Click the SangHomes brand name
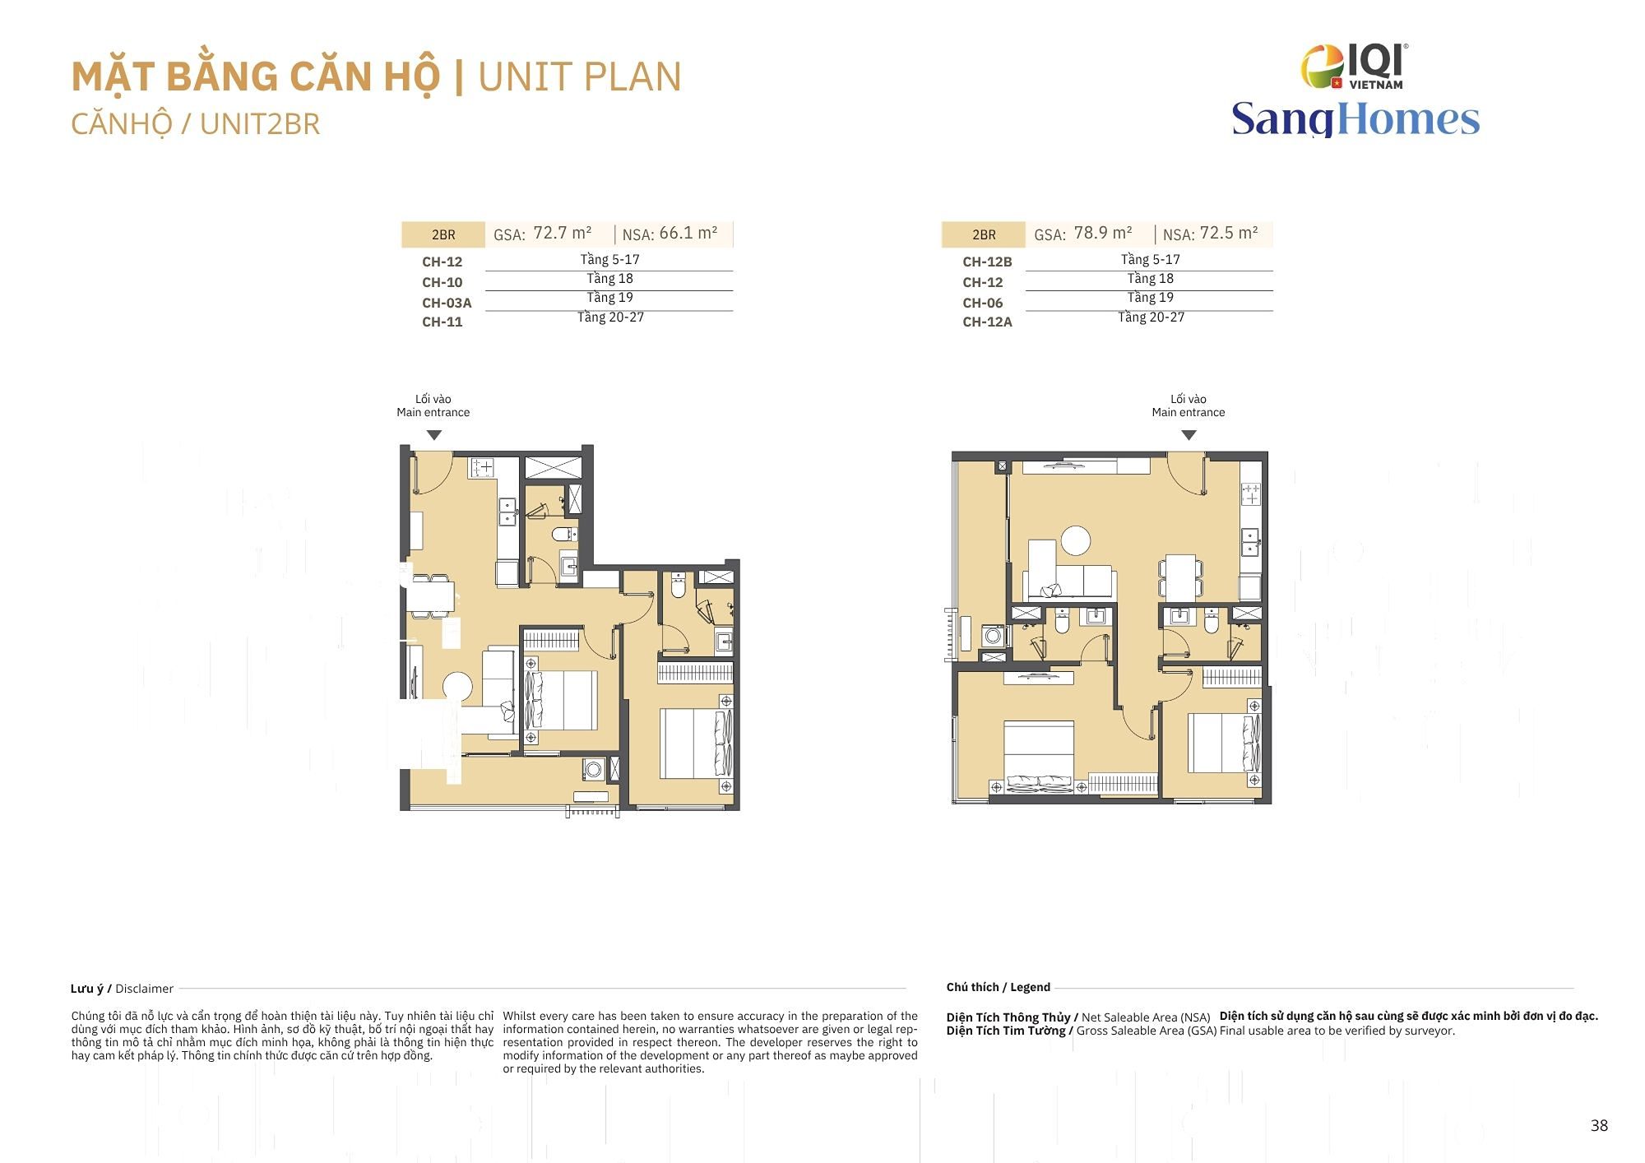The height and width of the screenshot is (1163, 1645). coord(1355,118)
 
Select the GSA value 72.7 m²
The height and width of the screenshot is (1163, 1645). coord(563,233)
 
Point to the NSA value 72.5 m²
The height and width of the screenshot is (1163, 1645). coord(1229,233)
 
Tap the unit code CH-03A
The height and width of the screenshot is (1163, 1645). coord(447,303)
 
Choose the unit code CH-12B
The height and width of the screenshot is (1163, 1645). coord(987,262)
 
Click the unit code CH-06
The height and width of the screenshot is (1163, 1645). coord(982,303)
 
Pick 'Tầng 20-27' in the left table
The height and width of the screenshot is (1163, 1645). coord(610,317)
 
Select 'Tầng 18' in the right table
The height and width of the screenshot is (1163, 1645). coord(1150,279)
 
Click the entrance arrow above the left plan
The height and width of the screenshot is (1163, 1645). coord(434,435)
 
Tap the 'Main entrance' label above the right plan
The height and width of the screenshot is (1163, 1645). coord(1188,412)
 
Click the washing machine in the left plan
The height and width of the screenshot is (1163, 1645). coord(594,770)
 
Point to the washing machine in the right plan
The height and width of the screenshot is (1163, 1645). coord(993,636)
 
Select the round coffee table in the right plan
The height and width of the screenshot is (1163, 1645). coord(1076,540)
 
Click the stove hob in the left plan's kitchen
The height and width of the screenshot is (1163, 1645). coord(482,468)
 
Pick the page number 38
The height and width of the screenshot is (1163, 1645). coord(1599,1125)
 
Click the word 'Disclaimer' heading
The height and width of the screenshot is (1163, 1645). coord(144,989)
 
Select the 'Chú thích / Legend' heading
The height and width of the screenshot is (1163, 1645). coord(998,987)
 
